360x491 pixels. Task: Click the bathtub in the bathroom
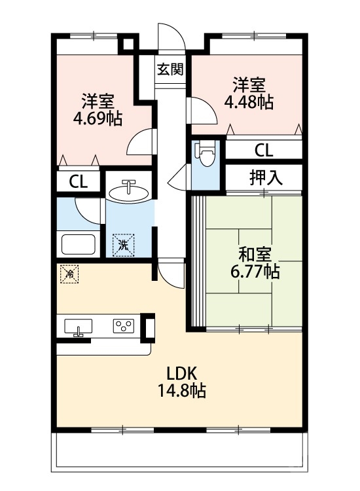79,244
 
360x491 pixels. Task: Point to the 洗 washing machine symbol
123,245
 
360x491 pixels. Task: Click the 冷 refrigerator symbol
68,274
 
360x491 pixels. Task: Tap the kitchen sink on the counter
79,327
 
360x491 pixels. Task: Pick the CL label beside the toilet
264,150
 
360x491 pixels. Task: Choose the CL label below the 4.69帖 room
78,181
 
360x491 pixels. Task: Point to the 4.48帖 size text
249,102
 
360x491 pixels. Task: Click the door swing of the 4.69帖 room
140,141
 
